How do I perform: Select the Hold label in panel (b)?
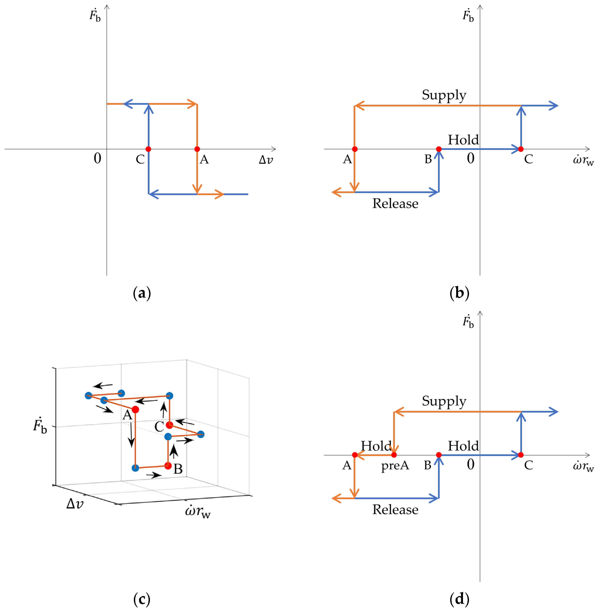pyautogui.click(x=463, y=140)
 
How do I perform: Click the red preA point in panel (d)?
pyautogui.click(x=394, y=455)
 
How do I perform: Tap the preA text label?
pyautogui.click(x=395, y=466)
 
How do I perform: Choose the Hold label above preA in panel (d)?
pyautogui.click(x=376, y=446)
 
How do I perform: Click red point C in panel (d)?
pyautogui.click(x=521, y=455)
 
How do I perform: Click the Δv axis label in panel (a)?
pyautogui.click(x=266, y=160)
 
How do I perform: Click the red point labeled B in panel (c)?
pyautogui.click(x=168, y=466)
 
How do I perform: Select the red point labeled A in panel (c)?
pyautogui.click(x=135, y=409)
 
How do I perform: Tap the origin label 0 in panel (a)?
pyautogui.click(x=98, y=158)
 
